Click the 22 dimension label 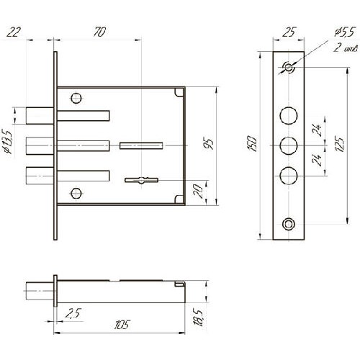point(14,32)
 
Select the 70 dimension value point(99,32)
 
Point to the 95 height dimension point(210,143)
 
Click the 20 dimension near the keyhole point(199,191)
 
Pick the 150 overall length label point(253,143)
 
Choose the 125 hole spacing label point(340,144)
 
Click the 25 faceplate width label point(289,32)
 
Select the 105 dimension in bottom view point(122,325)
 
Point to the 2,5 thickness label point(73,313)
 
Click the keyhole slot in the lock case point(141,180)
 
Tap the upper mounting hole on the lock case point(76,98)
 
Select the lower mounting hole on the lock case point(76,193)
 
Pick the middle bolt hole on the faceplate point(289,145)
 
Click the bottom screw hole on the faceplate point(289,224)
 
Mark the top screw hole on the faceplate point(289,67)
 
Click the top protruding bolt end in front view point(40,116)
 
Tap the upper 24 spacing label point(318,130)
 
